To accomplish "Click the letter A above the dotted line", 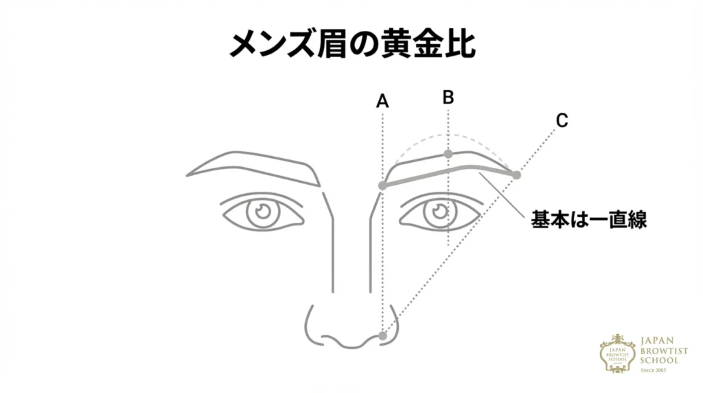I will click(x=382, y=102).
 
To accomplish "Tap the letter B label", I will click(x=448, y=98).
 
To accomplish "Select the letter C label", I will click(x=562, y=121).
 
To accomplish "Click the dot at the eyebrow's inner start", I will click(x=383, y=186).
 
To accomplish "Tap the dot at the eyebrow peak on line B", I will click(x=448, y=154).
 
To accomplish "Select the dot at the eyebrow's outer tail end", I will click(x=516, y=175).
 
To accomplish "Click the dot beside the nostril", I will click(x=383, y=336).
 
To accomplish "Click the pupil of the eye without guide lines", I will click(x=262, y=211).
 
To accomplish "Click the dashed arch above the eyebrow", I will click(x=446, y=135).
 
